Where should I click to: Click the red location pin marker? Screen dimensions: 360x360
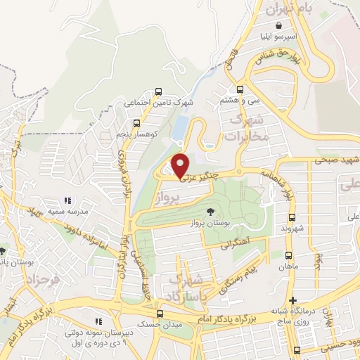pyautogui.click(x=181, y=165)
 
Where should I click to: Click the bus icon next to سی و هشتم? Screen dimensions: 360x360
pyautogui.click(x=240, y=89)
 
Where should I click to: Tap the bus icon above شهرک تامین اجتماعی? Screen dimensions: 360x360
pyautogui.click(x=158, y=91)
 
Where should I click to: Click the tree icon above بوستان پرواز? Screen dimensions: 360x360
pyautogui.click(x=210, y=212)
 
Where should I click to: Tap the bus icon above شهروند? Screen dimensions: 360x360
pyautogui.click(x=292, y=217)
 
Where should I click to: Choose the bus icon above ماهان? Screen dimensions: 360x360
pyautogui.click(x=289, y=255)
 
